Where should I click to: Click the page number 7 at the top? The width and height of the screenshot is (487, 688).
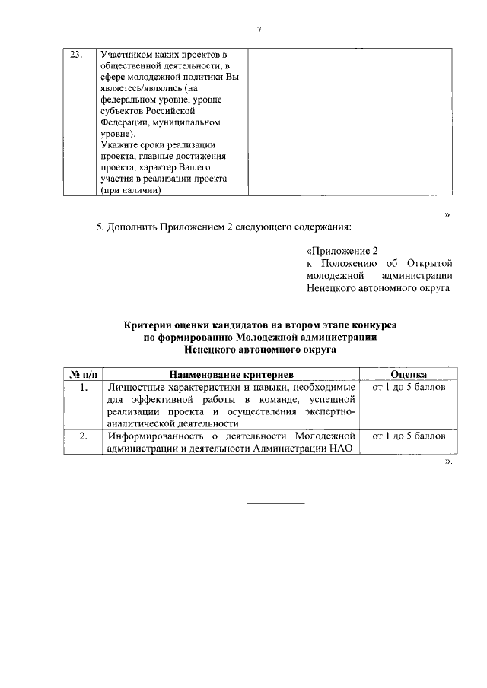coord(259,29)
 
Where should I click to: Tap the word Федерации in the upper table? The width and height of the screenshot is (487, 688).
coord(124,122)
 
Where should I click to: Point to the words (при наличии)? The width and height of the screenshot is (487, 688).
coord(131,191)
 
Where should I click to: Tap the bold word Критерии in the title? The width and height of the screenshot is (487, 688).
coord(150,324)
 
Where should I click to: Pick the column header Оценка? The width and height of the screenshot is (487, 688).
coord(408,374)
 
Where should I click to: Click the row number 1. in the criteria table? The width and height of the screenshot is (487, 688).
coord(83,387)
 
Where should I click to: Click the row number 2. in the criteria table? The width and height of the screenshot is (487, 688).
coord(83,436)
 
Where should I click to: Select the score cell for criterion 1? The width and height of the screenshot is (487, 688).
coord(408,388)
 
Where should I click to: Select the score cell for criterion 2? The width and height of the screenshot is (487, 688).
coord(408,436)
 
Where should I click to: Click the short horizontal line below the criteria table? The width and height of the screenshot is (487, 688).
coord(277,503)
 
